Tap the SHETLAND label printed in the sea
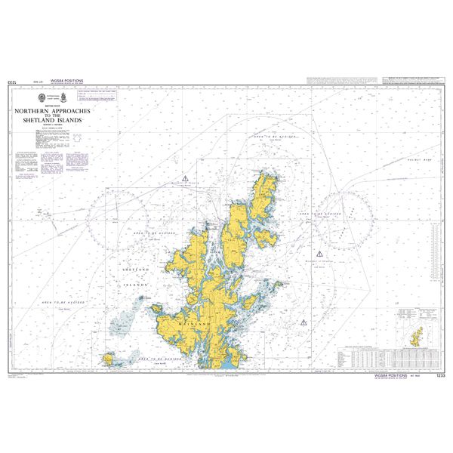[x=137, y=269]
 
